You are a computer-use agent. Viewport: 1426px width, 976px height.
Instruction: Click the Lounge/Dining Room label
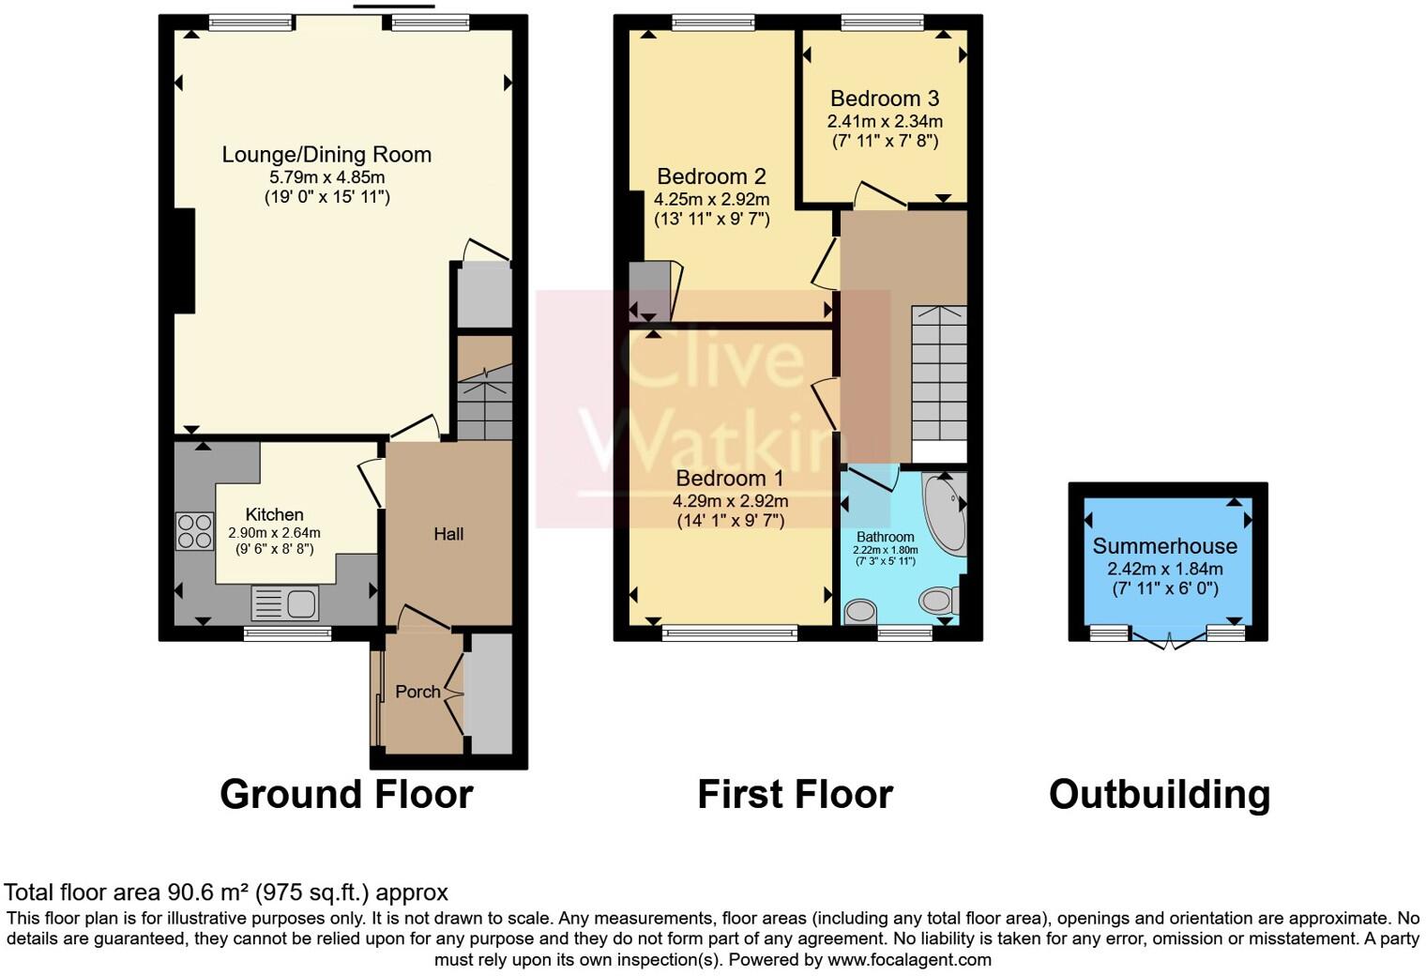(326, 155)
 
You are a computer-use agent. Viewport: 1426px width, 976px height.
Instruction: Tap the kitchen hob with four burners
(194, 531)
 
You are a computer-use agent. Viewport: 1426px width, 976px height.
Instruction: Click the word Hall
(448, 534)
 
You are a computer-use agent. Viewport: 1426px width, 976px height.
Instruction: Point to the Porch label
(417, 692)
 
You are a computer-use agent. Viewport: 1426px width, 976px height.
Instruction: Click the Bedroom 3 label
(884, 99)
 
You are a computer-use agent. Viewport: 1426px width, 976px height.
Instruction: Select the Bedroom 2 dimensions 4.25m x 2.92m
(711, 199)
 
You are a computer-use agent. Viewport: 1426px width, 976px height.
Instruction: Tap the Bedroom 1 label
(730, 479)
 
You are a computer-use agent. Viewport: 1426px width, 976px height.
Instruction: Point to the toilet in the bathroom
(938, 599)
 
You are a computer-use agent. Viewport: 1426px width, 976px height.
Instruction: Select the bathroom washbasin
(859, 612)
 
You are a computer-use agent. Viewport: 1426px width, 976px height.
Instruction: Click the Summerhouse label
(1164, 546)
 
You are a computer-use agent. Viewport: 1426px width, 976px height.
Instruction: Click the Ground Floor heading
(346, 794)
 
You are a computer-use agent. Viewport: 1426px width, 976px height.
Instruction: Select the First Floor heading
(795, 794)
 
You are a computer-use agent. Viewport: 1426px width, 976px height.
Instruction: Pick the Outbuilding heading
(1160, 794)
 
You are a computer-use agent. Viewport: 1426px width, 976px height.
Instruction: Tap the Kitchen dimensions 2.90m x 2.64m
(274, 532)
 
